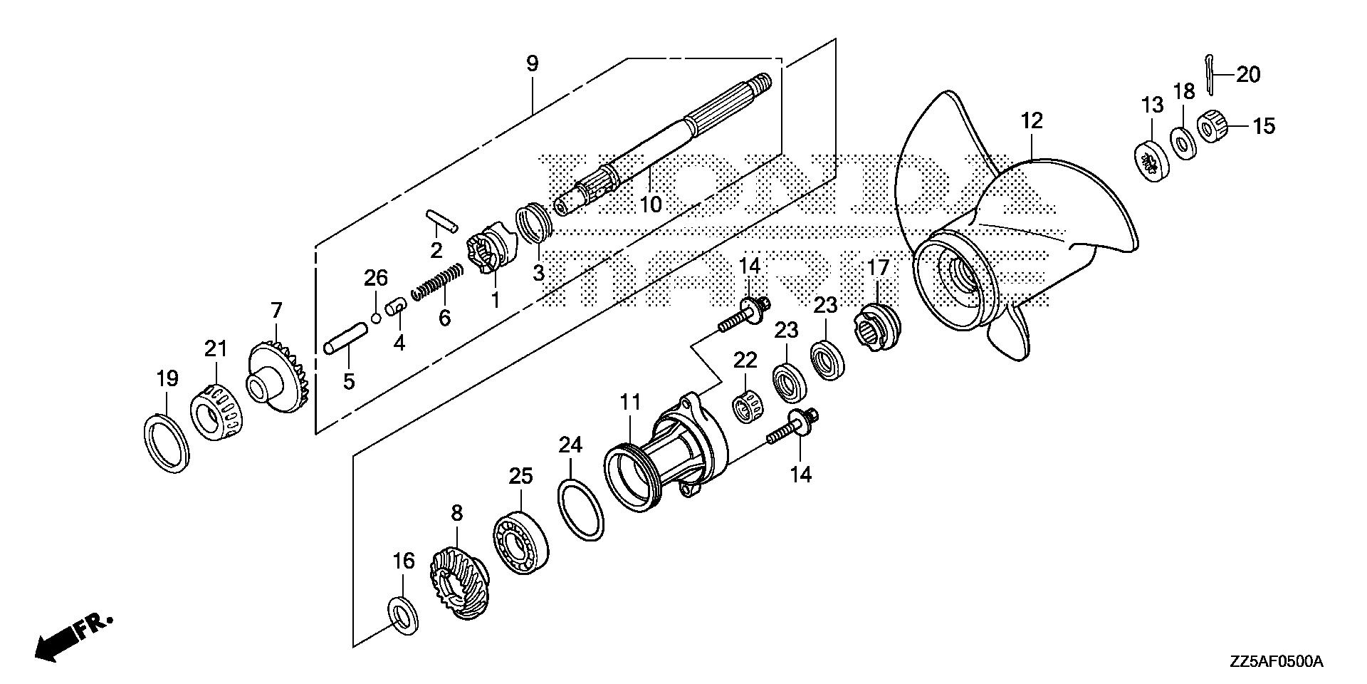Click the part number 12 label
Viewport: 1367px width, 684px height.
pyautogui.click(x=1032, y=120)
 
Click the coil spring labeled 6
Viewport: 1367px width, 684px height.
pyautogui.click(x=437, y=281)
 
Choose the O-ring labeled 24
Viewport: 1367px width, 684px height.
pyautogui.click(x=580, y=509)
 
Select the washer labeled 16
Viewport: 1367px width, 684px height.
pyautogui.click(x=403, y=616)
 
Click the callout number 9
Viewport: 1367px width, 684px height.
pyautogui.click(x=533, y=63)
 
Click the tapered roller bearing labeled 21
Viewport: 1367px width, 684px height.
pyautogui.click(x=216, y=413)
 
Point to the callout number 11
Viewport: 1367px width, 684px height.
pyautogui.click(x=630, y=402)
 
